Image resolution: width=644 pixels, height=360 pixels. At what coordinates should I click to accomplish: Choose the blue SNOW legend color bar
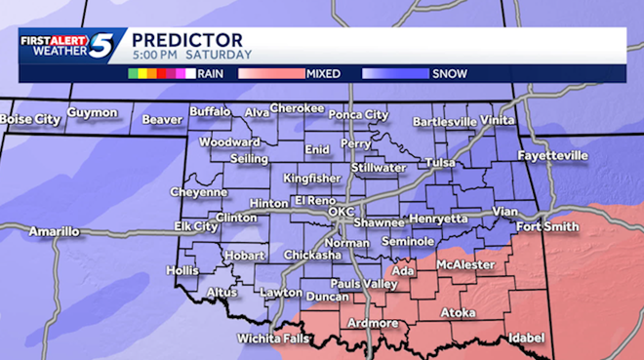(x=395, y=72)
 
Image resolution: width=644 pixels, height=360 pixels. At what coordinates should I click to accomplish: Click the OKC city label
(x=341, y=211)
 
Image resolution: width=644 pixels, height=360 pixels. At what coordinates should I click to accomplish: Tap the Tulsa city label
(x=440, y=163)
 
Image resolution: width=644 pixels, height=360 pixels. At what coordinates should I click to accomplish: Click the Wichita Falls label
(x=272, y=339)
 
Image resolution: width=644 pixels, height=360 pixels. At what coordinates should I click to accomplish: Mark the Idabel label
(x=524, y=338)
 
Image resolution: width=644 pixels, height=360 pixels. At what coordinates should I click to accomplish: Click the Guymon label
(x=92, y=113)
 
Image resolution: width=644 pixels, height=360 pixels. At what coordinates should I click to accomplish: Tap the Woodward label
(x=229, y=142)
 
